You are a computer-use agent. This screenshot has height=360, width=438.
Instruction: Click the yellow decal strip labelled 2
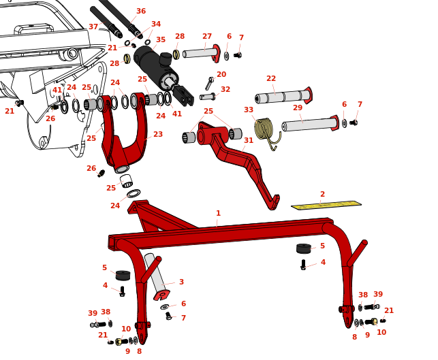(x=326, y=205)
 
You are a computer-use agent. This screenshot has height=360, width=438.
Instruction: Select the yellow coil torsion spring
(x=264, y=129)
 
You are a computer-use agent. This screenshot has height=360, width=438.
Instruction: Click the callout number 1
(x=218, y=213)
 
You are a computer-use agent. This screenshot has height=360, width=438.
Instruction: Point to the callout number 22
(x=271, y=79)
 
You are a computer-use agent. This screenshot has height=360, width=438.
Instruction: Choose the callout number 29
(x=298, y=108)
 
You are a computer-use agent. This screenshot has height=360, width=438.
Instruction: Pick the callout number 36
(x=141, y=11)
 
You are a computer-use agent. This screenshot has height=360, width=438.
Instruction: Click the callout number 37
(x=93, y=27)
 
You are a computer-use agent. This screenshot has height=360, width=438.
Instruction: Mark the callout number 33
(x=249, y=110)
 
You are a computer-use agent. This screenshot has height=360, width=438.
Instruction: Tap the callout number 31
(x=249, y=140)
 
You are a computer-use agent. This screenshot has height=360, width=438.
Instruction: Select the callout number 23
(x=158, y=134)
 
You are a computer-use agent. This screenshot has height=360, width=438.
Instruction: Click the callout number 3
(x=181, y=282)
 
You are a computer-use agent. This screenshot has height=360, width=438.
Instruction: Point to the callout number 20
(x=221, y=74)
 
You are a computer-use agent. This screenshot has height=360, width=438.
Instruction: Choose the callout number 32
(x=225, y=89)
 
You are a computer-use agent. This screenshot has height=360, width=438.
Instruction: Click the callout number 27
(x=207, y=36)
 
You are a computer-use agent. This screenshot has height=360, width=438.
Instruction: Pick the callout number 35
(x=161, y=39)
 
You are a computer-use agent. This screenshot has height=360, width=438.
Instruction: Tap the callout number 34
(x=156, y=24)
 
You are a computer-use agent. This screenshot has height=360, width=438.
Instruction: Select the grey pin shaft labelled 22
(x=283, y=97)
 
